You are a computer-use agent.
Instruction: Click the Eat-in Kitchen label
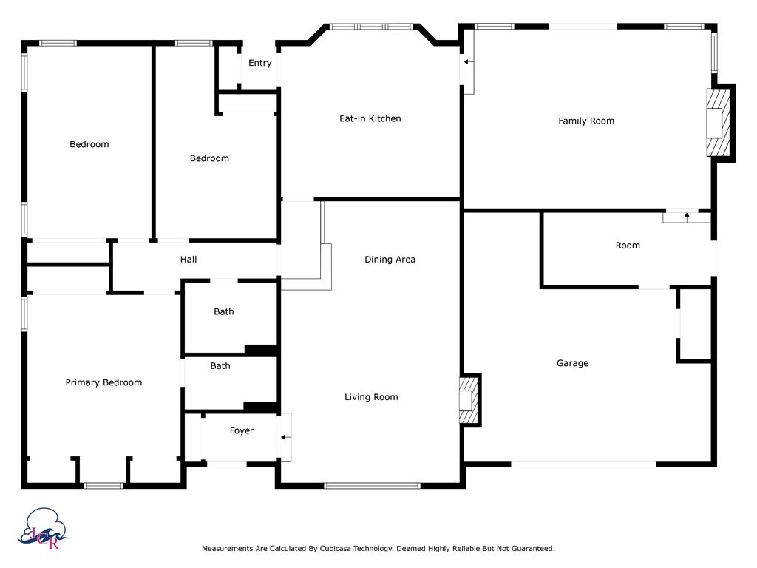point(370,118)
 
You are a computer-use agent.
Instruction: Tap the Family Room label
point(586,121)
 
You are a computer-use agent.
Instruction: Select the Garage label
point(572,363)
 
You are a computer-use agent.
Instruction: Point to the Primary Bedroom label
point(103,382)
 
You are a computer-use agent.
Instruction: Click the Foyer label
point(241,430)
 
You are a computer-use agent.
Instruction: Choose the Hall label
point(189,260)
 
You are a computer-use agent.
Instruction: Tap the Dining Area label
point(390,260)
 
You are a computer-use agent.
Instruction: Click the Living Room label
point(371,397)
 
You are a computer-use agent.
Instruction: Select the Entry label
point(259,63)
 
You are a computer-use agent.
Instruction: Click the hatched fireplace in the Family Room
point(716,123)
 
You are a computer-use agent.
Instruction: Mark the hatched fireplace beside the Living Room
point(468,400)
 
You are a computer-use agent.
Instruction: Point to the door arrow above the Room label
point(687,216)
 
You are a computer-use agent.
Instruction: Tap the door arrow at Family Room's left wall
point(466,62)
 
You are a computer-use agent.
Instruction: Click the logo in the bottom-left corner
point(45,528)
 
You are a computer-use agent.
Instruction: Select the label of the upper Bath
point(224,311)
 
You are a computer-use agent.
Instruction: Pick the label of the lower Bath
point(220,365)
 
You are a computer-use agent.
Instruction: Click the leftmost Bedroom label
point(89,144)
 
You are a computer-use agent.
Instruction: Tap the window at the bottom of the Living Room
point(373,485)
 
